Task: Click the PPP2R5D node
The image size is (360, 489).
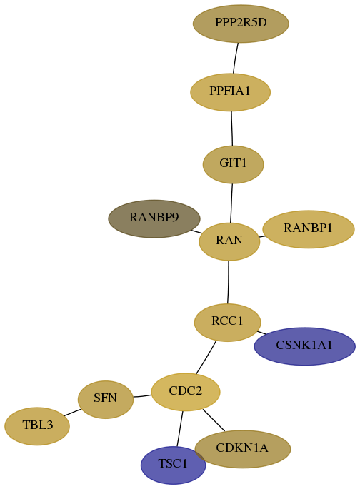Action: pos(241,24)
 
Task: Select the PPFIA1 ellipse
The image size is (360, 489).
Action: pos(230,92)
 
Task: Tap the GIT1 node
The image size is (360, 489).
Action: pos(233,164)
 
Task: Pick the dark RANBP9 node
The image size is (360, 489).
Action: pos(154,218)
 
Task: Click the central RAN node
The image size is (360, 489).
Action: pos(229,241)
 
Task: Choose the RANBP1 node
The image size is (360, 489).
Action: pos(309,229)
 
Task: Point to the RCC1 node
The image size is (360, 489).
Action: pos(227,322)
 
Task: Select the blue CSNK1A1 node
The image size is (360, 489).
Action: pos(304,346)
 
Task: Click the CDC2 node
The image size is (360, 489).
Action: pos(186,392)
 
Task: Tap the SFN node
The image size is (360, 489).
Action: pos(106,399)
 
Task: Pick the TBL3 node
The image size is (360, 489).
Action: pos(37,426)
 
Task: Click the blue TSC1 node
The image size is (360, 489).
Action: pos(173,465)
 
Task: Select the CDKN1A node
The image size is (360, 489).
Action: pos(243,449)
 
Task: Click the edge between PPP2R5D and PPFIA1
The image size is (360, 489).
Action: pos(236,58)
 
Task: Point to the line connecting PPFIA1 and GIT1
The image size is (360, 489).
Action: pos(231,128)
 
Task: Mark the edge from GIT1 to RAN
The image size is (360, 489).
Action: pos(231,203)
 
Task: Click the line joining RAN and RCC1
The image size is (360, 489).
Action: pos(229,282)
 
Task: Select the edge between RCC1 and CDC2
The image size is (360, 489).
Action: pos(206,358)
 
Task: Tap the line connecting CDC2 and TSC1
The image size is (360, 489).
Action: pos(180,428)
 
